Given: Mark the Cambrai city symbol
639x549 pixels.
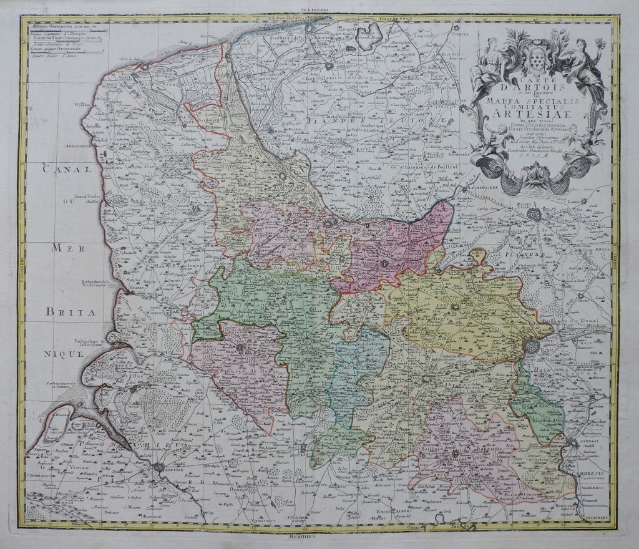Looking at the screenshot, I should (x=572, y=444).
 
